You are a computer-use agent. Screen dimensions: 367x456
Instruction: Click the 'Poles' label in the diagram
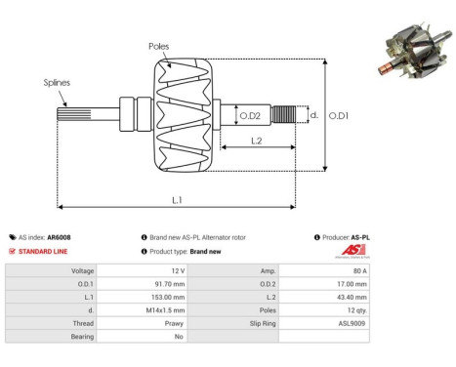point(159,46)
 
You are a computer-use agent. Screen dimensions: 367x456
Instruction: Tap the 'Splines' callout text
point(56,83)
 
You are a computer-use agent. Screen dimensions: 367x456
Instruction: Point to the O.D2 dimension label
point(250,116)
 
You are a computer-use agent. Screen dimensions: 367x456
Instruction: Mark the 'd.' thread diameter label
point(314,115)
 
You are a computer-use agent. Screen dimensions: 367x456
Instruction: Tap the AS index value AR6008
point(58,237)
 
